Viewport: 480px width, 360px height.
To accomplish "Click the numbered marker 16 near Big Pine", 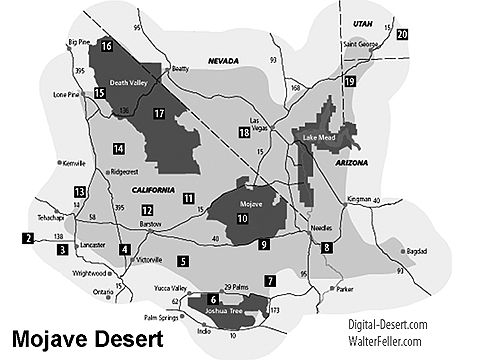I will pyautogui.click(x=106, y=46).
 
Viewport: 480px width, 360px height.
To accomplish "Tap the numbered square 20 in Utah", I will pyautogui.click(x=402, y=34).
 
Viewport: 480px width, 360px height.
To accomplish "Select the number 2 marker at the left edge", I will pyautogui.click(x=27, y=238).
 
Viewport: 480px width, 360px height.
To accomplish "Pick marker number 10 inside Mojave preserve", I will pyautogui.click(x=243, y=218).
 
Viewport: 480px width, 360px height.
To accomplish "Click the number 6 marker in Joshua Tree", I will pyautogui.click(x=213, y=298).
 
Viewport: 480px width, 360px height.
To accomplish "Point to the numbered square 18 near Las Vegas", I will pyautogui.click(x=243, y=132).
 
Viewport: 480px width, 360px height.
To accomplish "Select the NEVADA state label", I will pyautogui.click(x=225, y=61).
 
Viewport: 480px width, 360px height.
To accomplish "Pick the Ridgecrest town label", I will pyautogui.click(x=131, y=171).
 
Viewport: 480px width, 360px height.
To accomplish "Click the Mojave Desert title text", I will pyautogui.click(x=85, y=337).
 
